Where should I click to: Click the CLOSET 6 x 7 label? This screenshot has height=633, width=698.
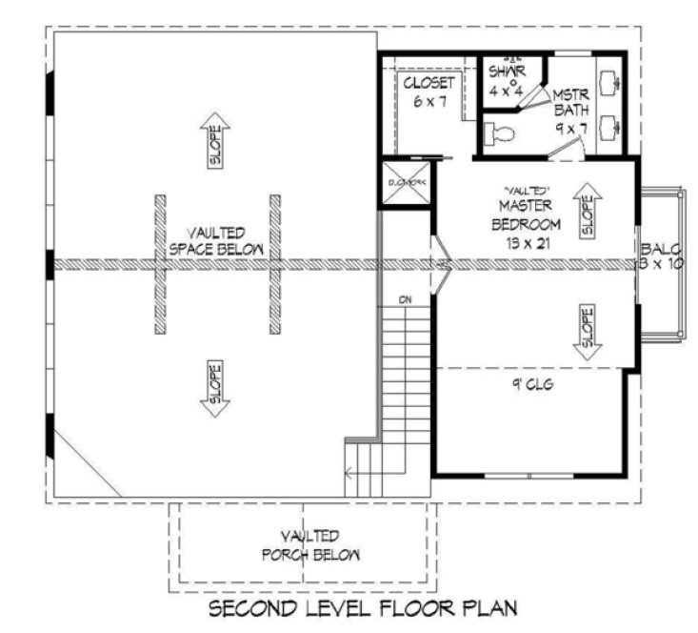[x=428, y=92]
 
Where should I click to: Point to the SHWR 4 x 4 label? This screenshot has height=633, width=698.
[x=507, y=81]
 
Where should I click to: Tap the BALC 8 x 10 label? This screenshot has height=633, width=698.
[x=660, y=255]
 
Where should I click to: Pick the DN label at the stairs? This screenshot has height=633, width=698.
[x=405, y=300]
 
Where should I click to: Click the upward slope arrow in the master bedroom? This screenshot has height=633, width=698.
[x=586, y=210]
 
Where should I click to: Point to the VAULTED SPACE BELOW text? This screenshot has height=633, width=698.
[x=216, y=240]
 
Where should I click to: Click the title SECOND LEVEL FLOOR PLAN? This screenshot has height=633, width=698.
[x=363, y=607]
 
